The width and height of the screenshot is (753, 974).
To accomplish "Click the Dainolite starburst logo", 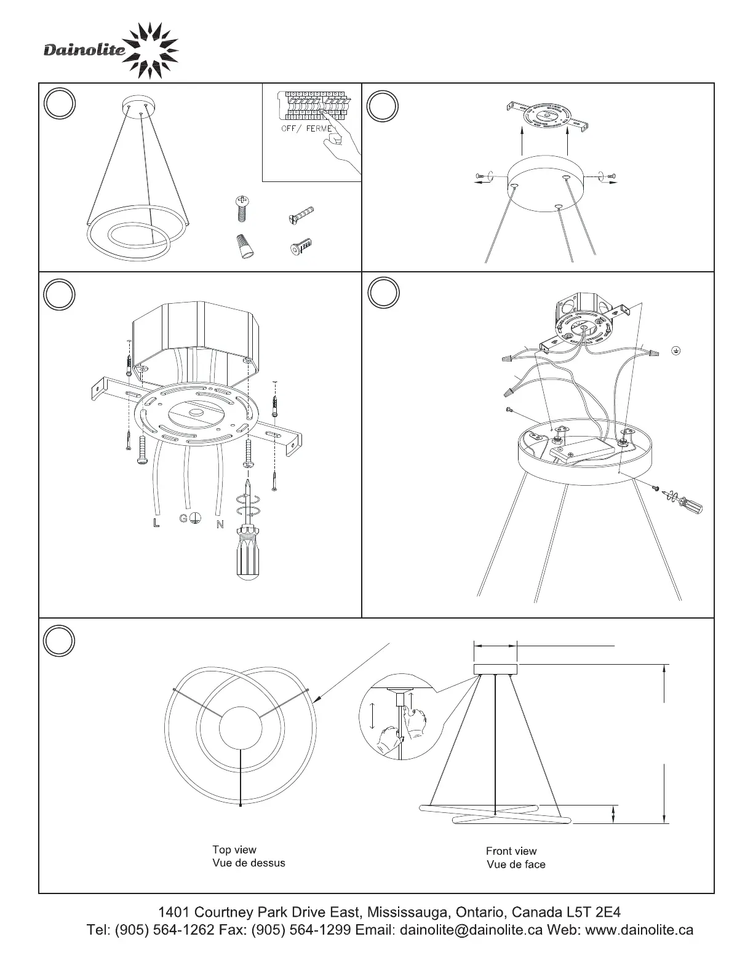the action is [151, 50].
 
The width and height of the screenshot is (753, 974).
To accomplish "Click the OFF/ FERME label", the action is [307, 129].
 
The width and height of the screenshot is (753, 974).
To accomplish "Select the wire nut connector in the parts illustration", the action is [245, 247].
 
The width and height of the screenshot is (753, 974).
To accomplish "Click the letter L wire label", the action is [156, 523].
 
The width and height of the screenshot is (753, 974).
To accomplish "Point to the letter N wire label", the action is [220, 524].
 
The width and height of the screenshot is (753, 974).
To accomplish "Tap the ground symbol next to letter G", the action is [194, 518].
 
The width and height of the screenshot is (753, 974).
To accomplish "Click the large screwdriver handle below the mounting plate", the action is [248, 553].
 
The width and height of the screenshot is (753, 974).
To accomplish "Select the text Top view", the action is [234, 849].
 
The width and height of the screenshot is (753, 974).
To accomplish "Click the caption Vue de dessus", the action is [249, 863].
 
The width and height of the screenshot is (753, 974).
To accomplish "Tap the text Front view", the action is [511, 851].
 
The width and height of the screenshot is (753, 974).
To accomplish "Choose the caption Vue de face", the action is [516, 864].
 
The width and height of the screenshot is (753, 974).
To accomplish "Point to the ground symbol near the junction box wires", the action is [675, 350].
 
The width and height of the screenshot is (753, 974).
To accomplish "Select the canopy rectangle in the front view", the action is [495, 669].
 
